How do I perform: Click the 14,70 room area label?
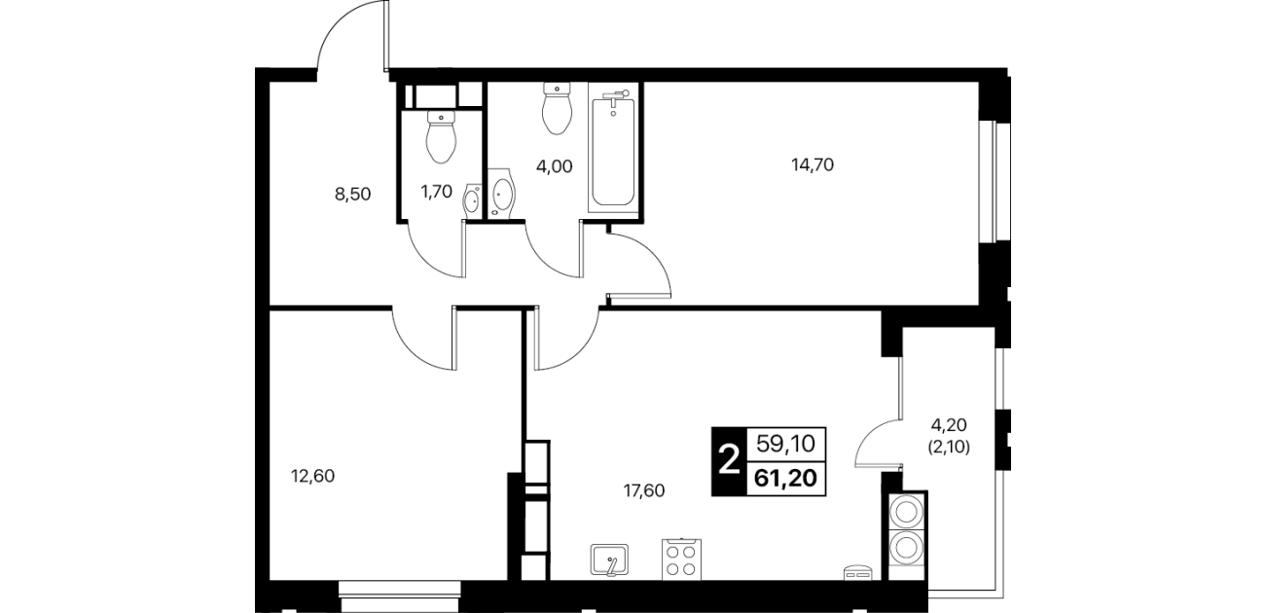813,165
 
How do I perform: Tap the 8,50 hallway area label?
352,195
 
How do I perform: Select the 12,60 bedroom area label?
312,476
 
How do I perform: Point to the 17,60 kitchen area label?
644,490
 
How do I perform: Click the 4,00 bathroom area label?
554,166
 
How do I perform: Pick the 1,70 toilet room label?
436,192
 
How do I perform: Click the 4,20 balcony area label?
949,424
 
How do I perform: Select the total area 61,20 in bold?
785,479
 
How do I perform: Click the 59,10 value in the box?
785,444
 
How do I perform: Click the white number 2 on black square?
729,461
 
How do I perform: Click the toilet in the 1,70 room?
441,137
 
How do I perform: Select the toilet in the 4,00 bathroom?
557,108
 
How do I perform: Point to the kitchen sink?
609,560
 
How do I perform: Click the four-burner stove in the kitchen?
681,559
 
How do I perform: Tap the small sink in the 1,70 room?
473,201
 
